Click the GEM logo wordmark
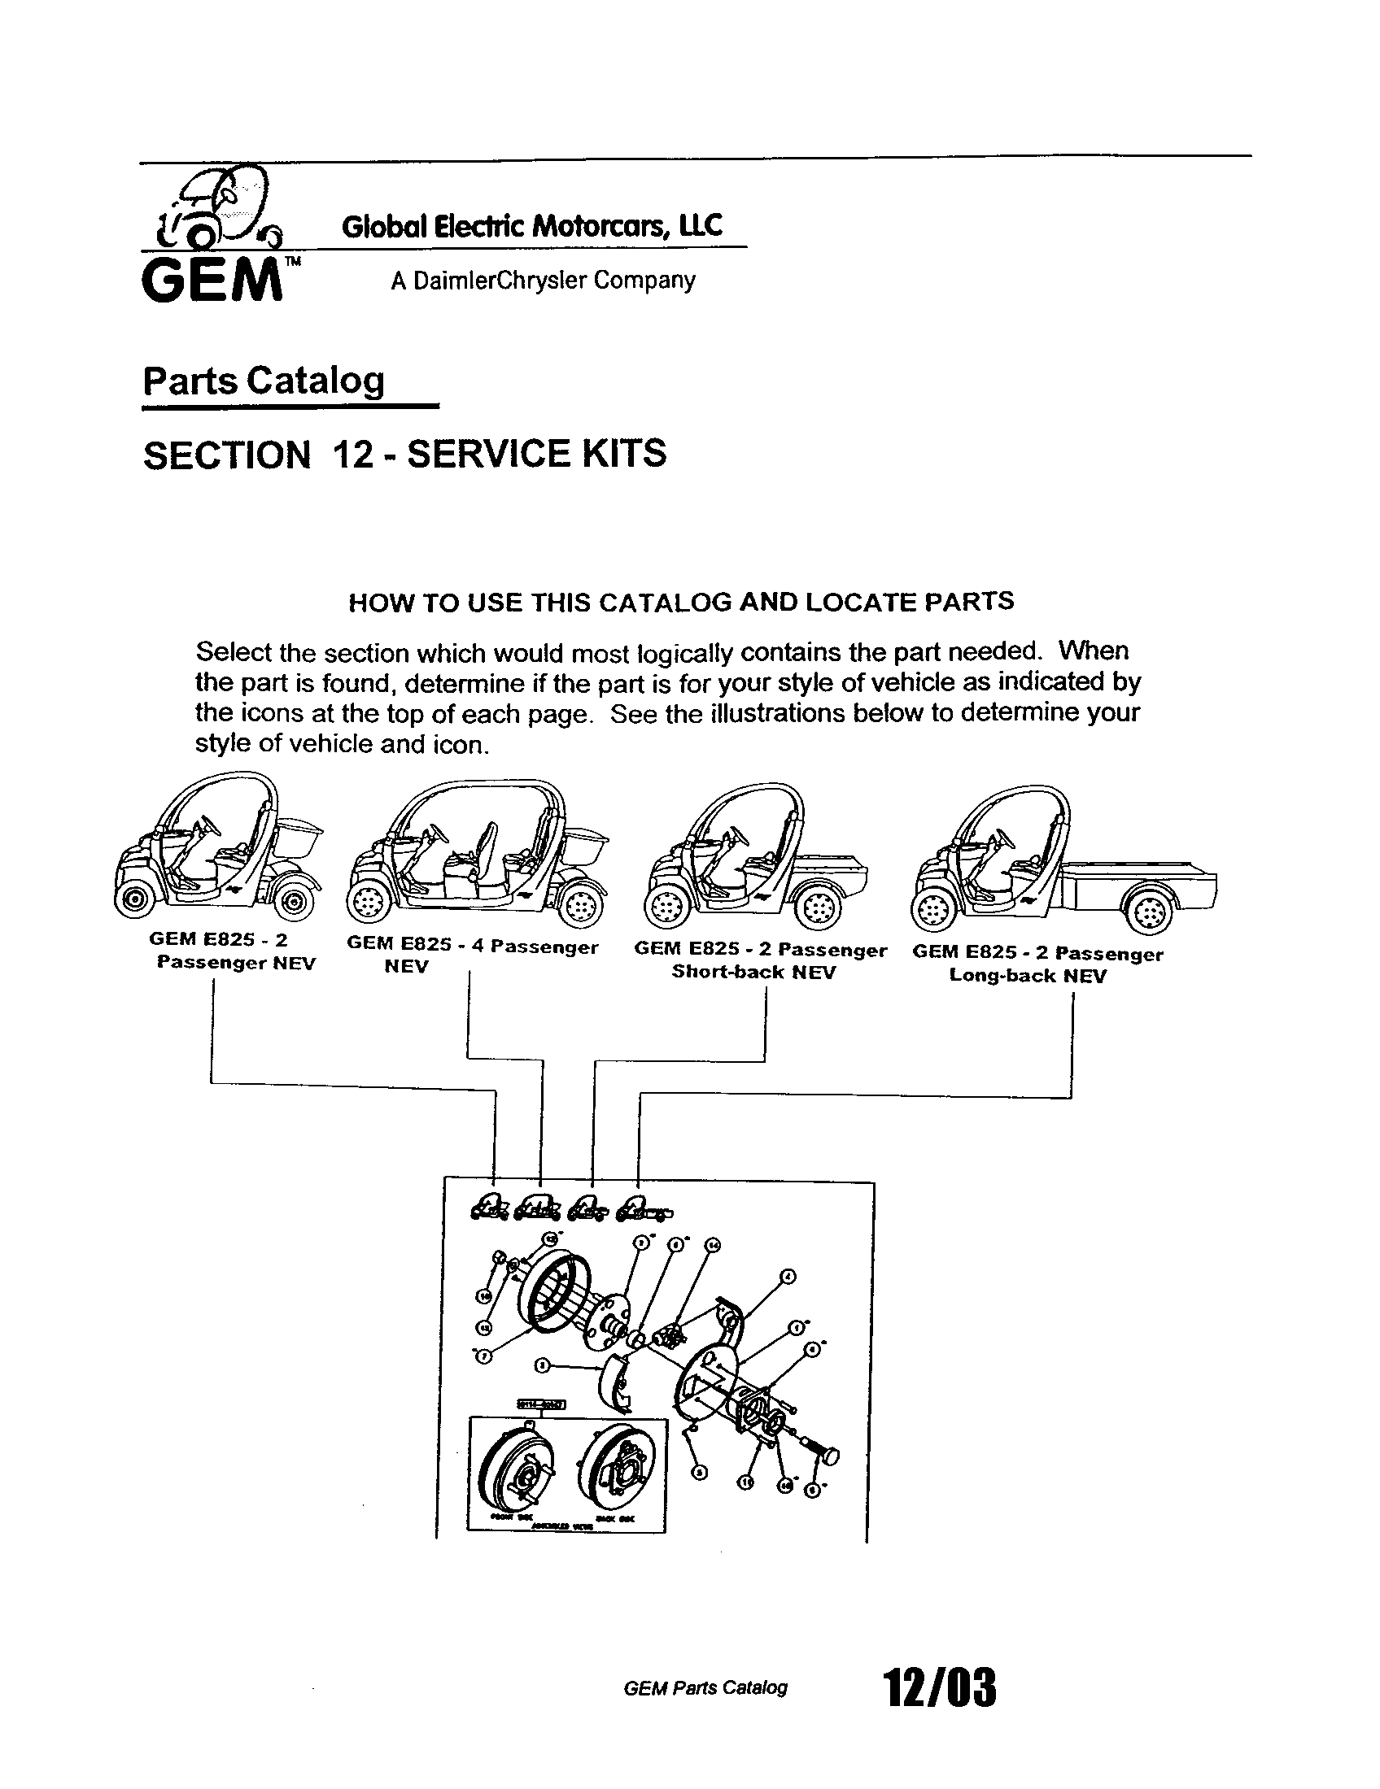coord(212,281)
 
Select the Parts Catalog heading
coord(263,381)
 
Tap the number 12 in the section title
coord(353,455)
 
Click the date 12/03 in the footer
coord(938,1688)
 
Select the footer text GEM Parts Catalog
coord(705,1688)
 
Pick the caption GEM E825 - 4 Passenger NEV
coord(472,956)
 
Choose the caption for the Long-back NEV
coord(1037,964)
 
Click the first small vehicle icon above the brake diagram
coord(491,1208)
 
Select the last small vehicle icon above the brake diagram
coord(644,1209)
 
